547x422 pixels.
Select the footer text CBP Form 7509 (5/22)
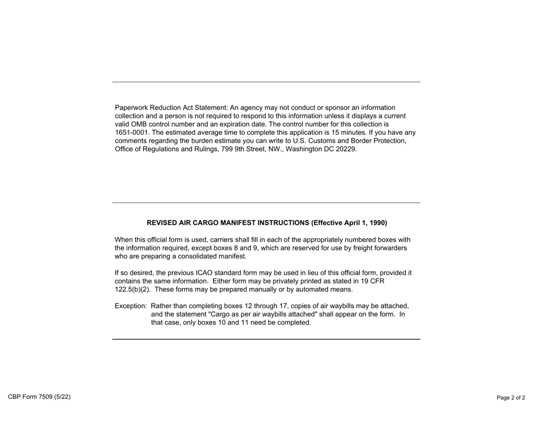click(x=39, y=397)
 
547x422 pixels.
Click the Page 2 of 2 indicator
click(x=511, y=398)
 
